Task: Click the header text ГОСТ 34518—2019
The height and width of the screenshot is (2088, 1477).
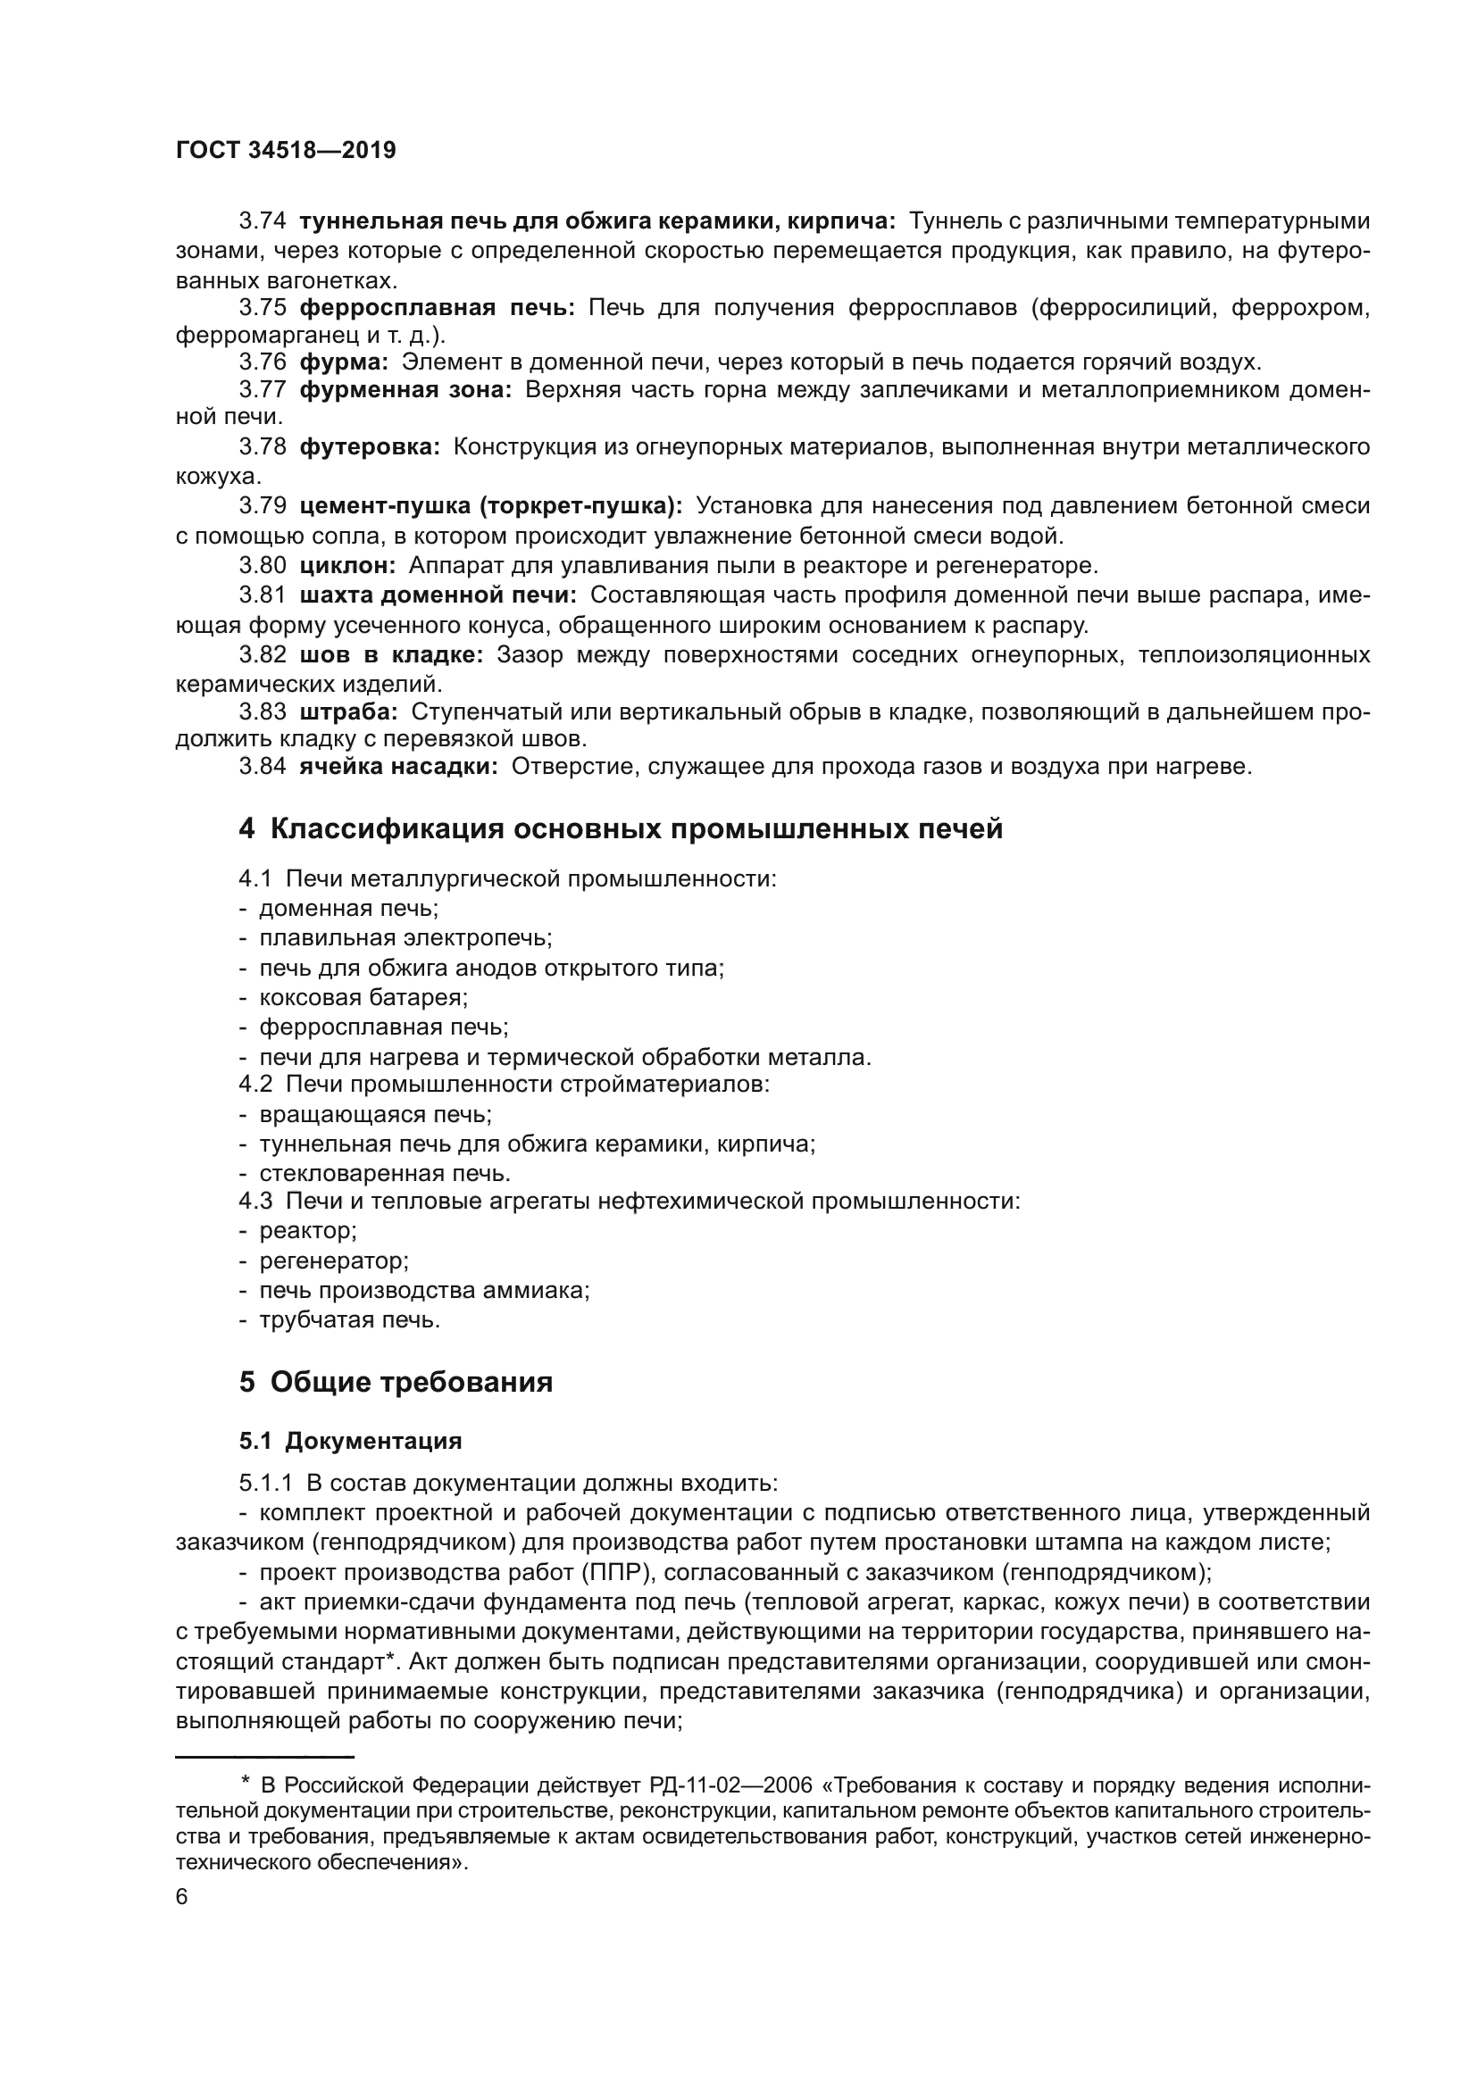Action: (286, 151)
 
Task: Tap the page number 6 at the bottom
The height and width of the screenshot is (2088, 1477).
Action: (182, 1897)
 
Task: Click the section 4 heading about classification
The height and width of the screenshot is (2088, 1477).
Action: (621, 829)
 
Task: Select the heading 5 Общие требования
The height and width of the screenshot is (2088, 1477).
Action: (396, 1382)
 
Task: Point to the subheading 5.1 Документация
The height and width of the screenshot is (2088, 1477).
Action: (350, 1442)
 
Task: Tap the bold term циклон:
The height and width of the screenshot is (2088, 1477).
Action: (347, 566)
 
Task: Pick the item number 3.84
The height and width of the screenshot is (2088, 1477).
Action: (262, 767)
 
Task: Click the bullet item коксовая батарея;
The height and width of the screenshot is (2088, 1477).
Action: (363, 998)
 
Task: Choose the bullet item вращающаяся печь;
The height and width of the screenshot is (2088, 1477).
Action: (375, 1114)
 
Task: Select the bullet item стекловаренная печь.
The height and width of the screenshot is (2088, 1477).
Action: (385, 1173)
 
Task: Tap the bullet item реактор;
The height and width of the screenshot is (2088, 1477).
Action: (307, 1231)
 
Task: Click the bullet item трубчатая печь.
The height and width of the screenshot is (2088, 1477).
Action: (349, 1319)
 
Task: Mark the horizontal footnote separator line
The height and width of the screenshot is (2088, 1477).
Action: (264, 1756)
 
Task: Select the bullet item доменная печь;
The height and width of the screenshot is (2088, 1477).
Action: (348, 909)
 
